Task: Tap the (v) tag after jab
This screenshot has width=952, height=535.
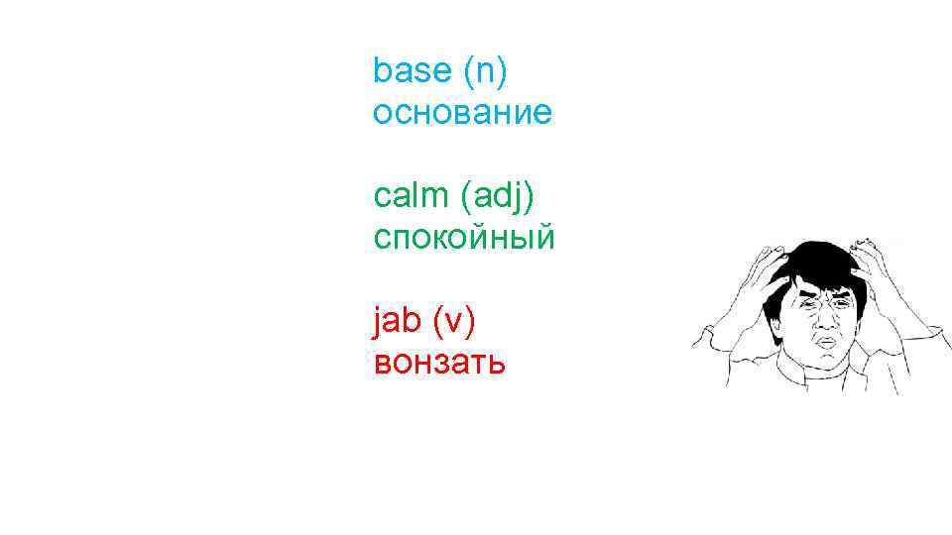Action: coord(453,321)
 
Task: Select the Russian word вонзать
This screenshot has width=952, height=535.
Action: coord(439,364)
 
